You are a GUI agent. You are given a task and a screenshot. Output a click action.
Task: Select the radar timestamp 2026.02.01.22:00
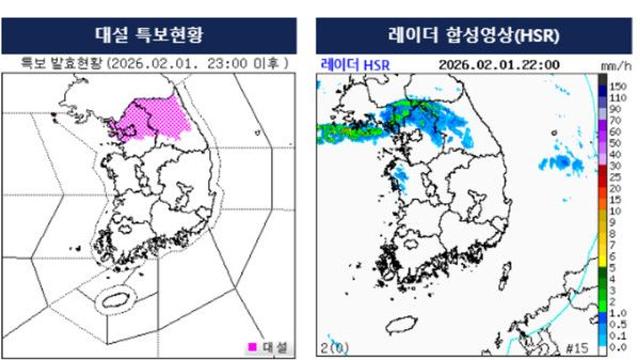pyautogui.click(x=498, y=65)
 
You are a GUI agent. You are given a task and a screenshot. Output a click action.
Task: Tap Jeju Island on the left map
pyautogui.click(x=114, y=298)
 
